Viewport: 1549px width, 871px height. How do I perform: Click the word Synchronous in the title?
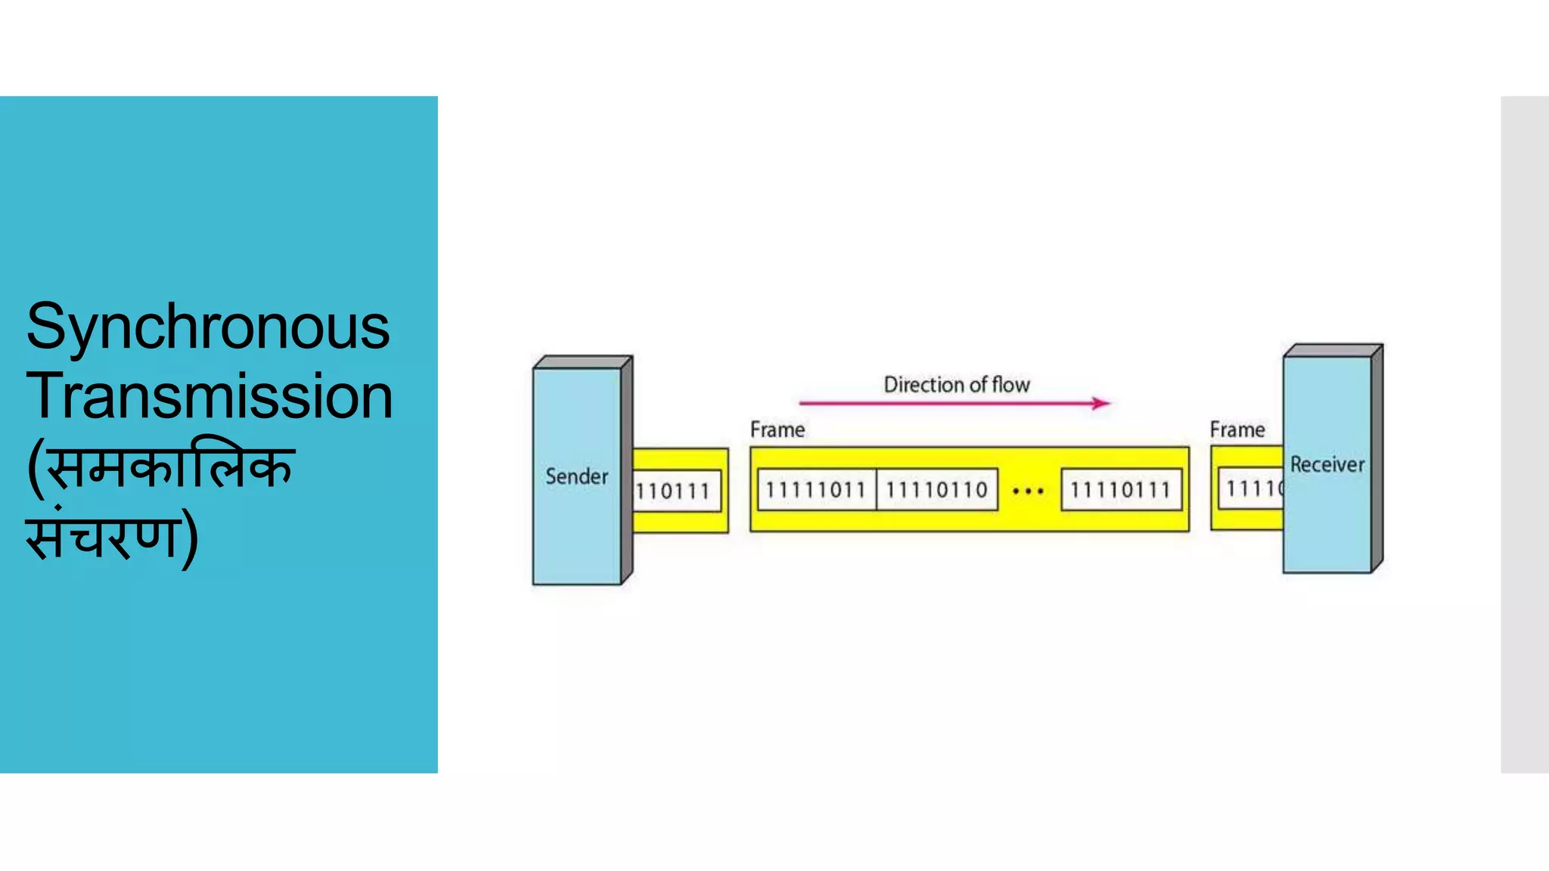[x=208, y=327]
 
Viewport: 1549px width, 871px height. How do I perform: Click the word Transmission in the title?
[x=210, y=396]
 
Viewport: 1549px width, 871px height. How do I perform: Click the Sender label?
[x=576, y=476]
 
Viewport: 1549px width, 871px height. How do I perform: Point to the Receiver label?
[x=1327, y=464]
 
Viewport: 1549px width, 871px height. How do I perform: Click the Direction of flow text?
[x=957, y=385]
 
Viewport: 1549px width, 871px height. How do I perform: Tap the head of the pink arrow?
[x=1102, y=403]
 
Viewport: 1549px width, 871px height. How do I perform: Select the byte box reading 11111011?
[x=815, y=490]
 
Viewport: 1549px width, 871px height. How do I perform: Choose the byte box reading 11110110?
[x=936, y=490]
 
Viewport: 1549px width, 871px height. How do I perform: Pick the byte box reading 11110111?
[x=1120, y=490]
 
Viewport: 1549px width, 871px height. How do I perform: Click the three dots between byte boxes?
[x=1028, y=491]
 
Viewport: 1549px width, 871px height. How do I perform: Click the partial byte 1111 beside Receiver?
[x=1253, y=488]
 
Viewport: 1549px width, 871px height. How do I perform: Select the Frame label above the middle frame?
[x=777, y=429]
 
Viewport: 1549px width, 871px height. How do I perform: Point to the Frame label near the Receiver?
[x=1237, y=429]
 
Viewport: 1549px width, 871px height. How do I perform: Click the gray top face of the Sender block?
[x=582, y=362]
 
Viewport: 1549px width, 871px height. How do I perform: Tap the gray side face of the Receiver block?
[x=1377, y=457]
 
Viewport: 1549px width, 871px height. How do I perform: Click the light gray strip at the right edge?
[x=1525, y=434]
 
